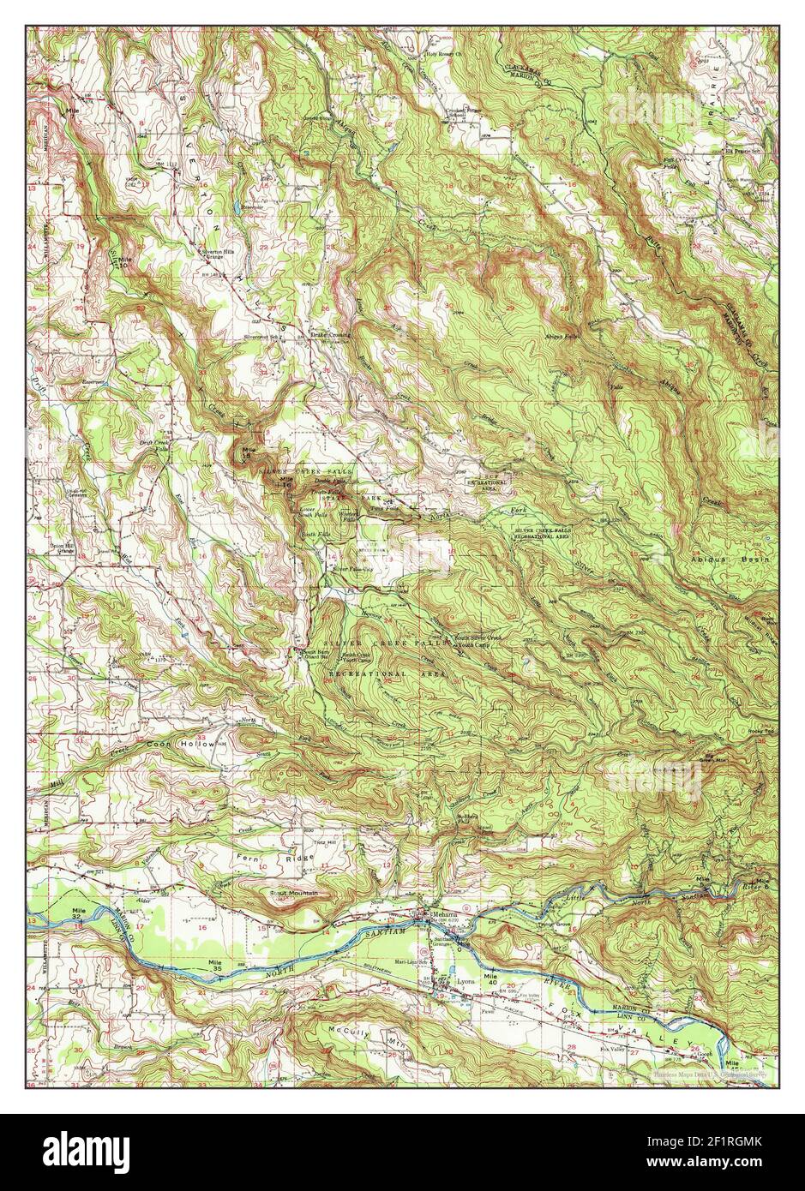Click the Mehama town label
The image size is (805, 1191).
(446, 914)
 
